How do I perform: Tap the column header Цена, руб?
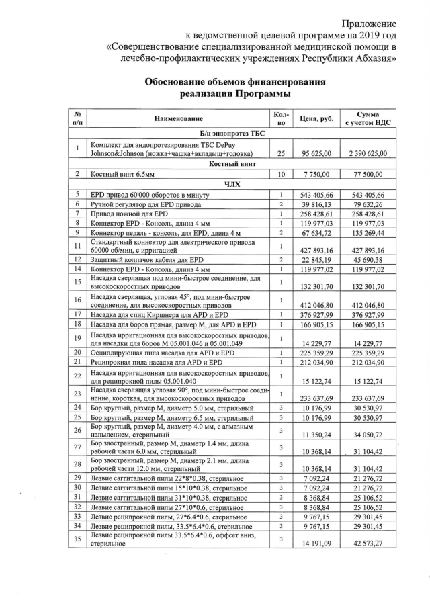coord(316,118)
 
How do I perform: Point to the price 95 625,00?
coord(316,153)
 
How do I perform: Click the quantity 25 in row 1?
coord(282,153)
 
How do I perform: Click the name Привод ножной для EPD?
coord(129,213)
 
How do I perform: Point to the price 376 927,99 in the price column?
coord(316,314)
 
